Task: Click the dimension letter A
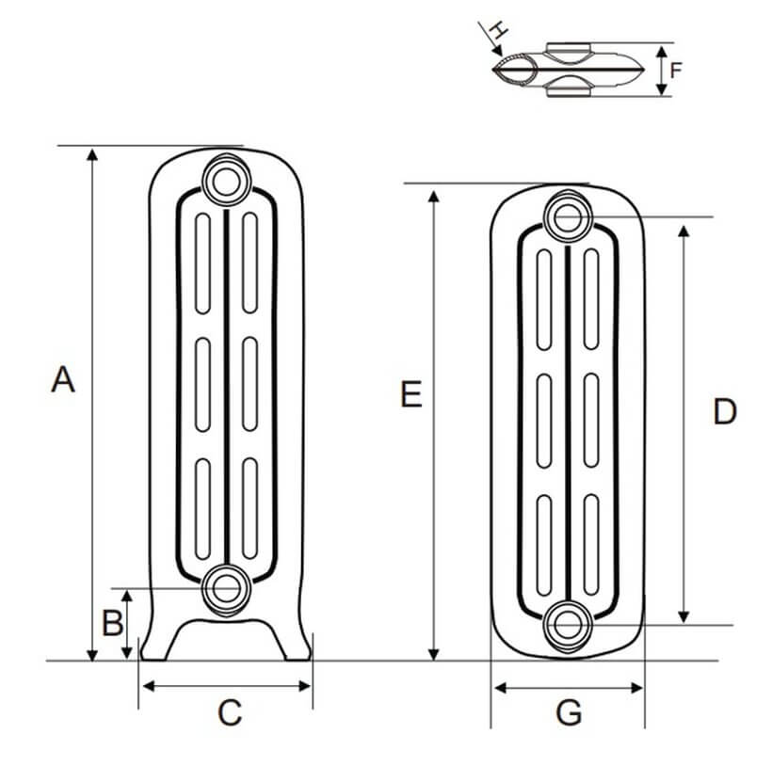pos(62,380)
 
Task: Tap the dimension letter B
pos(112,622)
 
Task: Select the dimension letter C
pos(230,713)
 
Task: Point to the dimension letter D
pos(724,412)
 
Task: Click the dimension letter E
pos(410,395)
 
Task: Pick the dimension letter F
pos(675,70)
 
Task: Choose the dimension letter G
pos(569,714)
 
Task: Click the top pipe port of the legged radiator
pos(226,178)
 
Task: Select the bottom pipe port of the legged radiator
pos(226,588)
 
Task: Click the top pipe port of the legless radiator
pos(568,216)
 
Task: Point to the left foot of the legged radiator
pos(156,645)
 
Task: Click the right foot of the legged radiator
pos(295,645)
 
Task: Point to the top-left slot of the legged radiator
pos(202,263)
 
